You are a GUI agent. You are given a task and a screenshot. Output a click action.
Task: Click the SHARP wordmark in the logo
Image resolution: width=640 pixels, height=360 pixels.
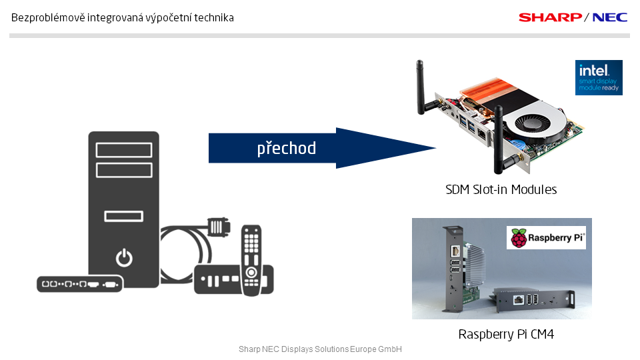(550, 17)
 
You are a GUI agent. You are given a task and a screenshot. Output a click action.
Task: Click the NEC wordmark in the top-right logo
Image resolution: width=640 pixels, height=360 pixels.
(610, 17)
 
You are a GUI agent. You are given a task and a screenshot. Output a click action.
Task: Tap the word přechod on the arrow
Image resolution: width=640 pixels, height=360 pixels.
(287, 148)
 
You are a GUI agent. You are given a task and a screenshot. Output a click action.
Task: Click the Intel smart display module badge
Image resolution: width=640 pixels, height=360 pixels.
(599, 77)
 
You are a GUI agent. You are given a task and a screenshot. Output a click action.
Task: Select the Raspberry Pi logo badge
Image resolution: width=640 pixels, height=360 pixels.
(546, 238)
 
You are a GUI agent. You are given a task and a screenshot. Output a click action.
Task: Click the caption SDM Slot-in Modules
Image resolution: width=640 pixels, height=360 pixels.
(501, 190)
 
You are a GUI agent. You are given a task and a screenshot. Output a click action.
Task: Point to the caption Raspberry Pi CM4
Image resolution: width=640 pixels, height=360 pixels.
(506, 334)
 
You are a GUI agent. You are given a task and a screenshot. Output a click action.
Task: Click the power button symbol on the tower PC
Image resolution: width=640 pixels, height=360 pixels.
(123, 257)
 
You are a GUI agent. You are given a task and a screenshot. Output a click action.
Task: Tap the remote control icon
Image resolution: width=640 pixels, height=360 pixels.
(251, 261)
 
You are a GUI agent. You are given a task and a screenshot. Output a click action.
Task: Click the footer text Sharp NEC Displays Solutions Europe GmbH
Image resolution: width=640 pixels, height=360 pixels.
(320, 349)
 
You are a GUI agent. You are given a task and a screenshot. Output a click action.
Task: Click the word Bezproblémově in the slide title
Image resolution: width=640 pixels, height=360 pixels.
(41, 18)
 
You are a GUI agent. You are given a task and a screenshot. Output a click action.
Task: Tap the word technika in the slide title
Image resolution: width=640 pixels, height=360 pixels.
(215, 18)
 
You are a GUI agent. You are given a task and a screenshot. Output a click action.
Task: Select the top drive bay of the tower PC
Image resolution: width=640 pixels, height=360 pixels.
(123, 149)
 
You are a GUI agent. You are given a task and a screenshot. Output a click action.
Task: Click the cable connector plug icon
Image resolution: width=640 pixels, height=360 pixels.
(216, 226)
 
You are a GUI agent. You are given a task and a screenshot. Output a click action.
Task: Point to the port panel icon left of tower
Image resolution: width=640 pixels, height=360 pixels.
(79, 283)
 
